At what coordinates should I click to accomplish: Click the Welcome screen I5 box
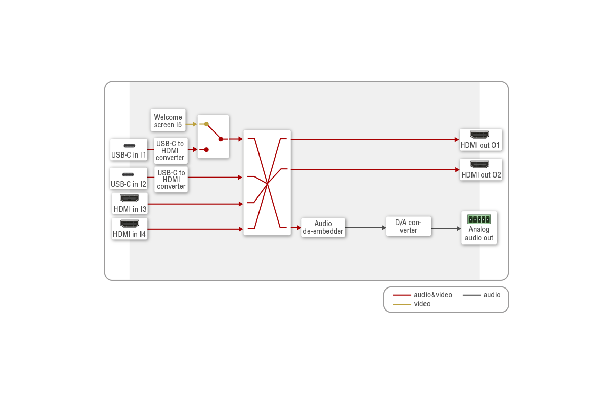pyautogui.click(x=168, y=121)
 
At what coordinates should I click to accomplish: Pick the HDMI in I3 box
pyautogui.click(x=130, y=204)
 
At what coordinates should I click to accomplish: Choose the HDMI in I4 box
pyautogui.click(x=129, y=229)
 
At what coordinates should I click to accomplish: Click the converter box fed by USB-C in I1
pyautogui.click(x=170, y=150)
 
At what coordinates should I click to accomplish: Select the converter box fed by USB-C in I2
pyautogui.click(x=171, y=180)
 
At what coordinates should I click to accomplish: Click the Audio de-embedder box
pyautogui.click(x=323, y=227)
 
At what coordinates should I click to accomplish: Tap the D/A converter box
pyautogui.click(x=408, y=227)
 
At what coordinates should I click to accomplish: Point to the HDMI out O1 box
pyautogui.click(x=480, y=140)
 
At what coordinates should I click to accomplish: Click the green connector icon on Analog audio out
pyautogui.click(x=479, y=219)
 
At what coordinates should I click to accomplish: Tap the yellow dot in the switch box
pyautogui.click(x=206, y=124)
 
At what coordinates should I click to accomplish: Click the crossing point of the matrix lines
pyautogui.click(x=267, y=183)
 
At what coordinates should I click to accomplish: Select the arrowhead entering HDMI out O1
pyautogui.click(x=457, y=139)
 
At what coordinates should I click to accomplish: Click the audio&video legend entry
pyautogui.click(x=422, y=295)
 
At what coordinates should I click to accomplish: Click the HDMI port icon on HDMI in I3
pyautogui.click(x=129, y=198)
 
